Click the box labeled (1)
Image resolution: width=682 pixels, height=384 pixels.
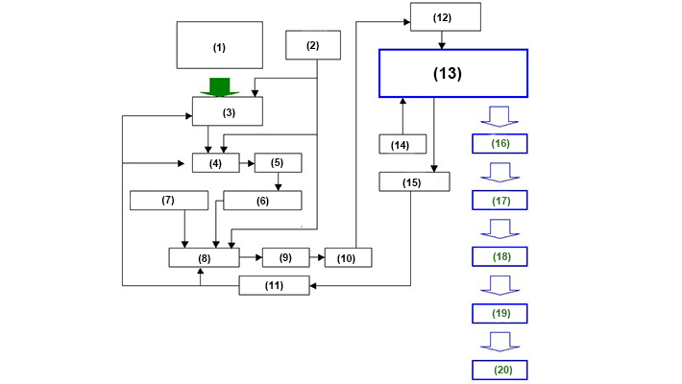[x=219, y=46]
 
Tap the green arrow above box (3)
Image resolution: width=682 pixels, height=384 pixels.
[x=220, y=86]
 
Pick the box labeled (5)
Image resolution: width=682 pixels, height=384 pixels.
[x=278, y=162]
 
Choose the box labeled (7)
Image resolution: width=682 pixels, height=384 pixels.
[x=169, y=200]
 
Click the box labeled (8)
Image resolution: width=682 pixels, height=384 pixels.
[x=203, y=257]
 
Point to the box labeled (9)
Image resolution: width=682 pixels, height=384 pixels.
[x=285, y=257]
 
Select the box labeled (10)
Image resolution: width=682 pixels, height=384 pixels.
[x=348, y=257]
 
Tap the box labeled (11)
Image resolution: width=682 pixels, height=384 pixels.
[x=274, y=285]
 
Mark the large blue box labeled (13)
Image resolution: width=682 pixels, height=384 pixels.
[x=453, y=73]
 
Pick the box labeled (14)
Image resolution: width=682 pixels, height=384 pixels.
[x=402, y=144]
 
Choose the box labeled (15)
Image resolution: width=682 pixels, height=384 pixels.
[x=414, y=181]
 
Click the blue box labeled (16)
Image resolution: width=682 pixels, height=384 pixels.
[x=500, y=144]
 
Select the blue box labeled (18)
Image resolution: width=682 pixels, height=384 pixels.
[x=500, y=257]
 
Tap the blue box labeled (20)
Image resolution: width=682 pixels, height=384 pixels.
[x=500, y=370]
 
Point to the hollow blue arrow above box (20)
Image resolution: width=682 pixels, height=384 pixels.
[x=500, y=342]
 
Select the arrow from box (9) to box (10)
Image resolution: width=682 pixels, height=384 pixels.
[x=316, y=257]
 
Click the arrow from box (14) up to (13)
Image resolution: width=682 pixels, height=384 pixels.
[x=402, y=115]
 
